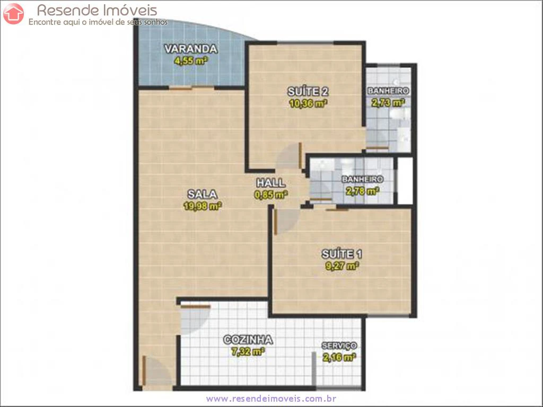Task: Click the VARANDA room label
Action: pos(191,49)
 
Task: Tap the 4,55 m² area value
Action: pos(191,61)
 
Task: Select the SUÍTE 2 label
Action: pos(308,91)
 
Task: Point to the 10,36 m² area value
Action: pos(308,103)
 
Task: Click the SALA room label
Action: pos(202,194)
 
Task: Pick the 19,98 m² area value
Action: pos(203,206)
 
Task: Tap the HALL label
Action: pos(271,183)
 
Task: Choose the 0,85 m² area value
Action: pos(271,195)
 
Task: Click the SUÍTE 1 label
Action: pos(342,254)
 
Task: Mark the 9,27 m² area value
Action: pos(342,266)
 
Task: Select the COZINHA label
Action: pos(248,340)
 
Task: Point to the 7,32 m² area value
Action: pos(248,352)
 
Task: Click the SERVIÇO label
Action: pos(339,346)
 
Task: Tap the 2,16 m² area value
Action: pos(339,357)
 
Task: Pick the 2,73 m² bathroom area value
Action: pos(388,102)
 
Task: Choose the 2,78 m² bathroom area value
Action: pos(362,191)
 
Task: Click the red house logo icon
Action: pos(13,13)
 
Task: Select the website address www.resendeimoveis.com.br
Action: pos(271,399)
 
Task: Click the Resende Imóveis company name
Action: pos(97,11)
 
